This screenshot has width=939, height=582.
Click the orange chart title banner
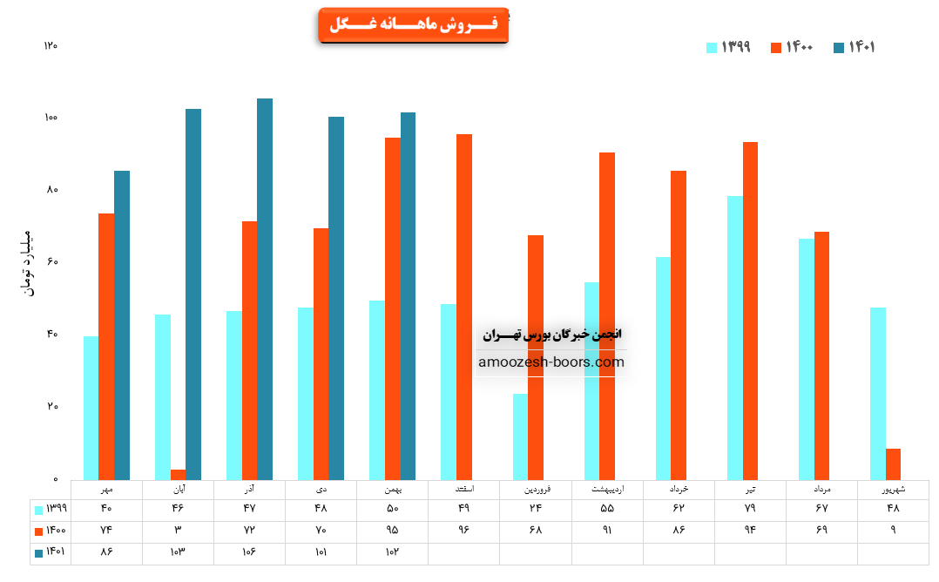pyautogui.click(x=413, y=25)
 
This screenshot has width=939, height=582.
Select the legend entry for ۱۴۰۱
pyautogui.click(x=854, y=47)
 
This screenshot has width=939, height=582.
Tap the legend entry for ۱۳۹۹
pyautogui.click(x=728, y=47)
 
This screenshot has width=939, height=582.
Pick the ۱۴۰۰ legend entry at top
pyautogui.click(x=791, y=47)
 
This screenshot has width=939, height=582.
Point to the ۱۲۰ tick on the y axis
pyautogui.click(x=51, y=45)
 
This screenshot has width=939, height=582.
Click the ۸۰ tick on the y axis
pyautogui.click(x=51, y=190)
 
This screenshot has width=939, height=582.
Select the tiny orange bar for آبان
pyautogui.click(x=178, y=475)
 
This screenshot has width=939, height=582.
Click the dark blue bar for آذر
pyautogui.click(x=265, y=288)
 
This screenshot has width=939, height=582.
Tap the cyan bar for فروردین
pyautogui.click(x=520, y=436)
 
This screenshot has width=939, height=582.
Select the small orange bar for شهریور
pyautogui.click(x=893, y=464)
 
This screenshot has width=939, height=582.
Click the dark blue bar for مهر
pyautogui.click(x=122, y=325)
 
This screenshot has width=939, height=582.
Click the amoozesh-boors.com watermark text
pyautogui.click(x=551, y=362)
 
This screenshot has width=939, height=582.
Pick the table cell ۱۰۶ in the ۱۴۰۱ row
pyautogui.click(x=249, y=552)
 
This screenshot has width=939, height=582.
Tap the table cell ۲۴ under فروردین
pyautogui.click(x=535, y=509)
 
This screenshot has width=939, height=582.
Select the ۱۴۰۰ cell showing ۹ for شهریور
pyautogui.click(x=893, y=531)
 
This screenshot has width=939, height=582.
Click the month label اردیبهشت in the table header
pyautogui.click(x=606, y=489)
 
